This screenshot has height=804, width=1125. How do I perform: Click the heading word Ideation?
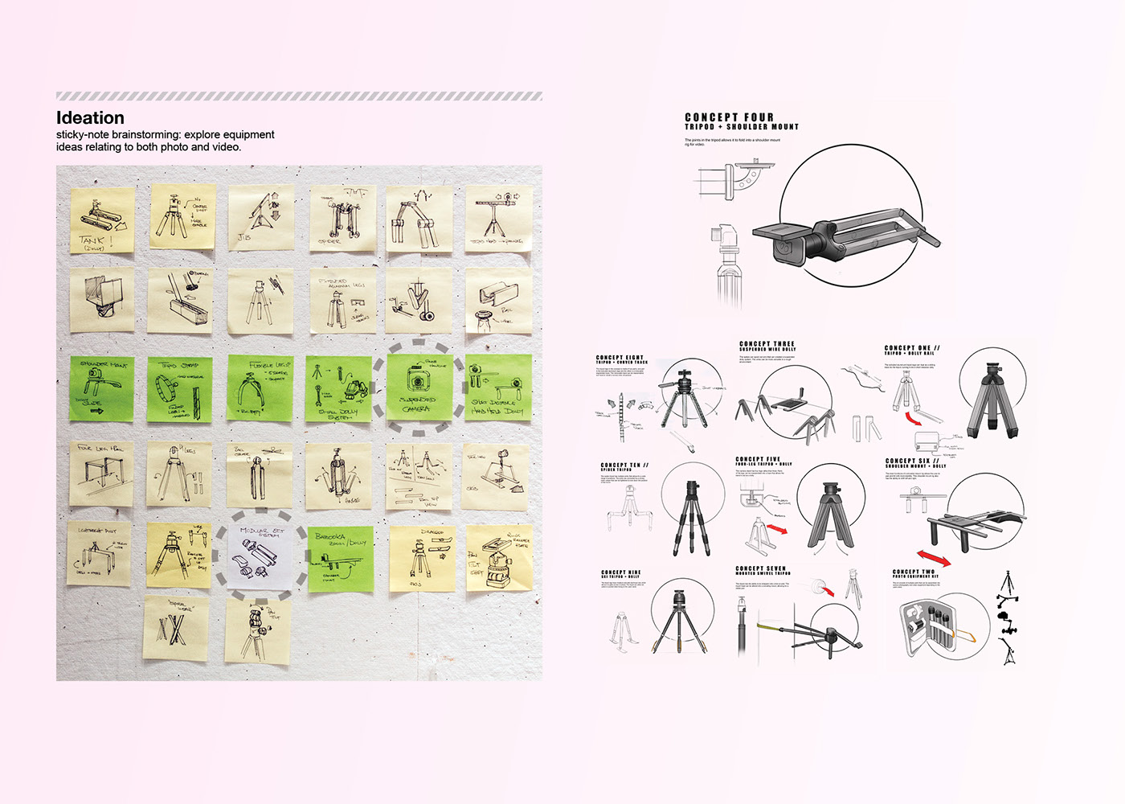pos(90,118)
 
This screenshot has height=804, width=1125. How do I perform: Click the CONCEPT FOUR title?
pos(729,117)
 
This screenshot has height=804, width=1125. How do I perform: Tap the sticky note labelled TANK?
pos(102,220)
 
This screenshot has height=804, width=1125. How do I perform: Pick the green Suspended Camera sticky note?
pos(417,388)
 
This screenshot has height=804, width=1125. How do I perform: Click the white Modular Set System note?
pos(262,555)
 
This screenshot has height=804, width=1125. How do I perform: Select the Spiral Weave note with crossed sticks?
pos(176,628)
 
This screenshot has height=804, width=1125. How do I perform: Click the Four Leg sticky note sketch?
pos(101,474)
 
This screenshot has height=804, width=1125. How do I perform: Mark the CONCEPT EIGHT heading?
pos(620,358)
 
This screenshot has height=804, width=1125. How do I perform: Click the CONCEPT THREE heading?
pos(767,344)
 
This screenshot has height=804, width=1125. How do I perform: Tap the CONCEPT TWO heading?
pos(914,572)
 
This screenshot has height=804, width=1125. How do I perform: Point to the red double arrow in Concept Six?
pos(933,557)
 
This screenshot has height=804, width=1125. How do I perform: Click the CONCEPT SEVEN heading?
pos(760,568)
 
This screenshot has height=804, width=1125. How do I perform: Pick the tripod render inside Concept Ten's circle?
pos(691,517)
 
